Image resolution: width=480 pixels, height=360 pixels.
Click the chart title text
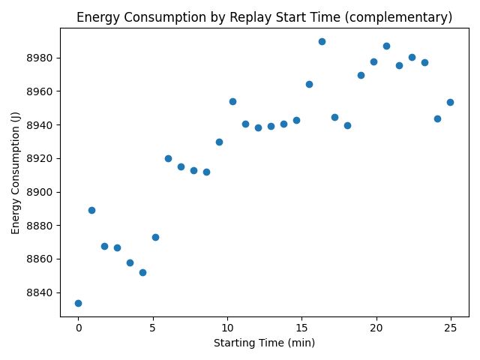point(264,17)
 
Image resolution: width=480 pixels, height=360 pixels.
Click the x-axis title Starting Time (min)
point(264,343)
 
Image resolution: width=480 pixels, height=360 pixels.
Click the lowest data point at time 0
point(78,303)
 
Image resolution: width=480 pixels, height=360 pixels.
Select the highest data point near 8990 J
point(322,41)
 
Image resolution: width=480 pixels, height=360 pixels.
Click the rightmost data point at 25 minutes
point(450,102)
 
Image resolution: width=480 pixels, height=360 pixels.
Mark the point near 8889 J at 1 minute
point(91,210)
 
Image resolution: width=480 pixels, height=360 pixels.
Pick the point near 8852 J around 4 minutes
point(142,272)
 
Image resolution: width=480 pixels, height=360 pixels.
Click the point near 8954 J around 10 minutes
point(232,101)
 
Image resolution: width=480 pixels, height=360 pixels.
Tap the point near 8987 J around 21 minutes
point(386,46)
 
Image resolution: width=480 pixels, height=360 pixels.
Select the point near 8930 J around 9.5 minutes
point(219,142)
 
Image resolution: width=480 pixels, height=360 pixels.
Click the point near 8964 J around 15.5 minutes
point(309,84)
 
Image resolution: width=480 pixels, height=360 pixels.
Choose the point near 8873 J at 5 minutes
point(155,237)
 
